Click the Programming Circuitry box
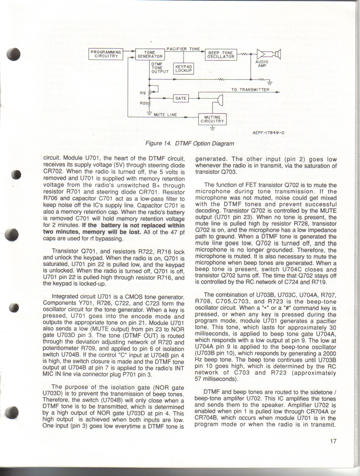click(106, 54)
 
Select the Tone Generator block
click(150, 54)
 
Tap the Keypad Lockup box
click(184, 69)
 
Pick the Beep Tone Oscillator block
click(221, 55)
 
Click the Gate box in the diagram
click(181, 98)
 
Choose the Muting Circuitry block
click(212, 119)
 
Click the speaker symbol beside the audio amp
click(278, 54)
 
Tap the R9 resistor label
click(143, 93)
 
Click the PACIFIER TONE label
click(183, 49)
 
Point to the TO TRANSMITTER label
click(250, 90)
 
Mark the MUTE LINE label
click(165, 115)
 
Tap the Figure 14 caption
click(189, 143)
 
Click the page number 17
click(333, 441)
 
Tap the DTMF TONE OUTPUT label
click(160, 68)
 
